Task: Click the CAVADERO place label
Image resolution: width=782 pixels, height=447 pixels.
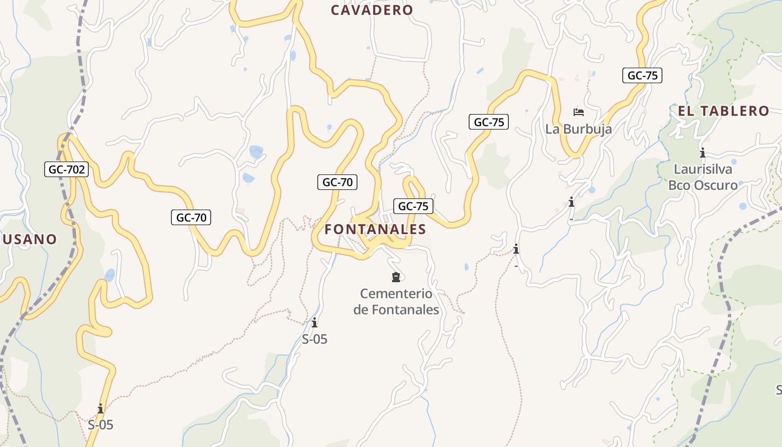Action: [371, 10]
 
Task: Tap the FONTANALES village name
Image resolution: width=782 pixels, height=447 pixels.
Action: [375, 229]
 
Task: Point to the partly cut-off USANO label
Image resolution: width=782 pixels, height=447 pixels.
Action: [29, 239]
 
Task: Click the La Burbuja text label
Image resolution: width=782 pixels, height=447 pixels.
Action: [579, 129]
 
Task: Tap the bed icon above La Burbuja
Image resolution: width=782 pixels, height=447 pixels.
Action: [579, 112]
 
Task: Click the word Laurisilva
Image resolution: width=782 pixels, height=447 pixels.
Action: [703, 169]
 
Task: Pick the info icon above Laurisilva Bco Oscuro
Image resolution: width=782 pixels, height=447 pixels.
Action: [702, 153]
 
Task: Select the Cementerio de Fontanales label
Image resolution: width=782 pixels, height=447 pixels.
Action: [396, 301]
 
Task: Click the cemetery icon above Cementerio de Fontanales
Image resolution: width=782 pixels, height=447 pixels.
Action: [396, 277]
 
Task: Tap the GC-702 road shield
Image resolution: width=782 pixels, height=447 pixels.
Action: [66, 169]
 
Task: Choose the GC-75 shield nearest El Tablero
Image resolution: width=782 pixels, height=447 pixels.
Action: [642, 75]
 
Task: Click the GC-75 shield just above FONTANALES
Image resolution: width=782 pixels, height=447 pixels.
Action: [413, 206]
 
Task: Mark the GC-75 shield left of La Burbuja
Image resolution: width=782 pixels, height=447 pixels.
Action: [489, 122]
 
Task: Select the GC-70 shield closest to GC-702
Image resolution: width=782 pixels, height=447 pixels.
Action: [191, 217]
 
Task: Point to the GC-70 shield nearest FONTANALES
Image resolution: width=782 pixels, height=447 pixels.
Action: [337, 182]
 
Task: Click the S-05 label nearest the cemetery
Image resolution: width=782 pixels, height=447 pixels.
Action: [314, 339]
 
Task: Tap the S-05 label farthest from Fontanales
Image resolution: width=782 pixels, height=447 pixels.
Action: [101, 425]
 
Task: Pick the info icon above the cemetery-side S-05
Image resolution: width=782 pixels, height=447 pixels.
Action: [314, 322]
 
